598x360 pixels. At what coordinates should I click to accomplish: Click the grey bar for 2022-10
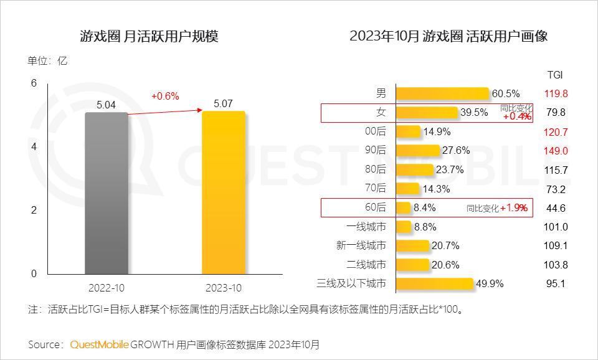point(107,193)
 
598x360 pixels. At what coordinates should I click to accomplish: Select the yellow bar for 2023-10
point(224,192)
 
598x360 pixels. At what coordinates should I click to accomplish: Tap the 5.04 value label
point(106,105)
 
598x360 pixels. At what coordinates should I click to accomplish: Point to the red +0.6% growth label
point(165,96)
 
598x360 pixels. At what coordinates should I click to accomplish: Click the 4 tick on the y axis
point(34,147)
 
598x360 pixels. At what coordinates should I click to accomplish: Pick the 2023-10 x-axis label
point(224,288)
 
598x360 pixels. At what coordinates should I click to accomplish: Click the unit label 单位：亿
point(47,61)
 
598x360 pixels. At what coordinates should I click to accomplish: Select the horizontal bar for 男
point(442,93)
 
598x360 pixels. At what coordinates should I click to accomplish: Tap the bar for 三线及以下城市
point(435,284)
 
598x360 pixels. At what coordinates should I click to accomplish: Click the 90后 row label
point(375,150)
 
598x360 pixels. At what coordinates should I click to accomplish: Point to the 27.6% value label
point(456,150)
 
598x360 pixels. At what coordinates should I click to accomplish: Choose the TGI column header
point(555,75)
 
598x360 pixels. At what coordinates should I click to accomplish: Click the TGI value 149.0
point(556,151)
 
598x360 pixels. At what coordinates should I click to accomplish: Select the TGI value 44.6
point(556,208)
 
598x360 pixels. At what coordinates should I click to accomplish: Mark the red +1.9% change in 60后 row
point(514,208)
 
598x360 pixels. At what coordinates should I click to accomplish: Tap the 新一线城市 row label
point(361,245)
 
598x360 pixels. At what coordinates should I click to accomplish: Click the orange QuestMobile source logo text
point(99,345)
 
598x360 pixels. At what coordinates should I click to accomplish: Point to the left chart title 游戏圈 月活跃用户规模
point(149,37)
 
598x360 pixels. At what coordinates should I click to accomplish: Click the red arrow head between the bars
point(199,110)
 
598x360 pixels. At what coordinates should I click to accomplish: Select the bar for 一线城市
point(404,227)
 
